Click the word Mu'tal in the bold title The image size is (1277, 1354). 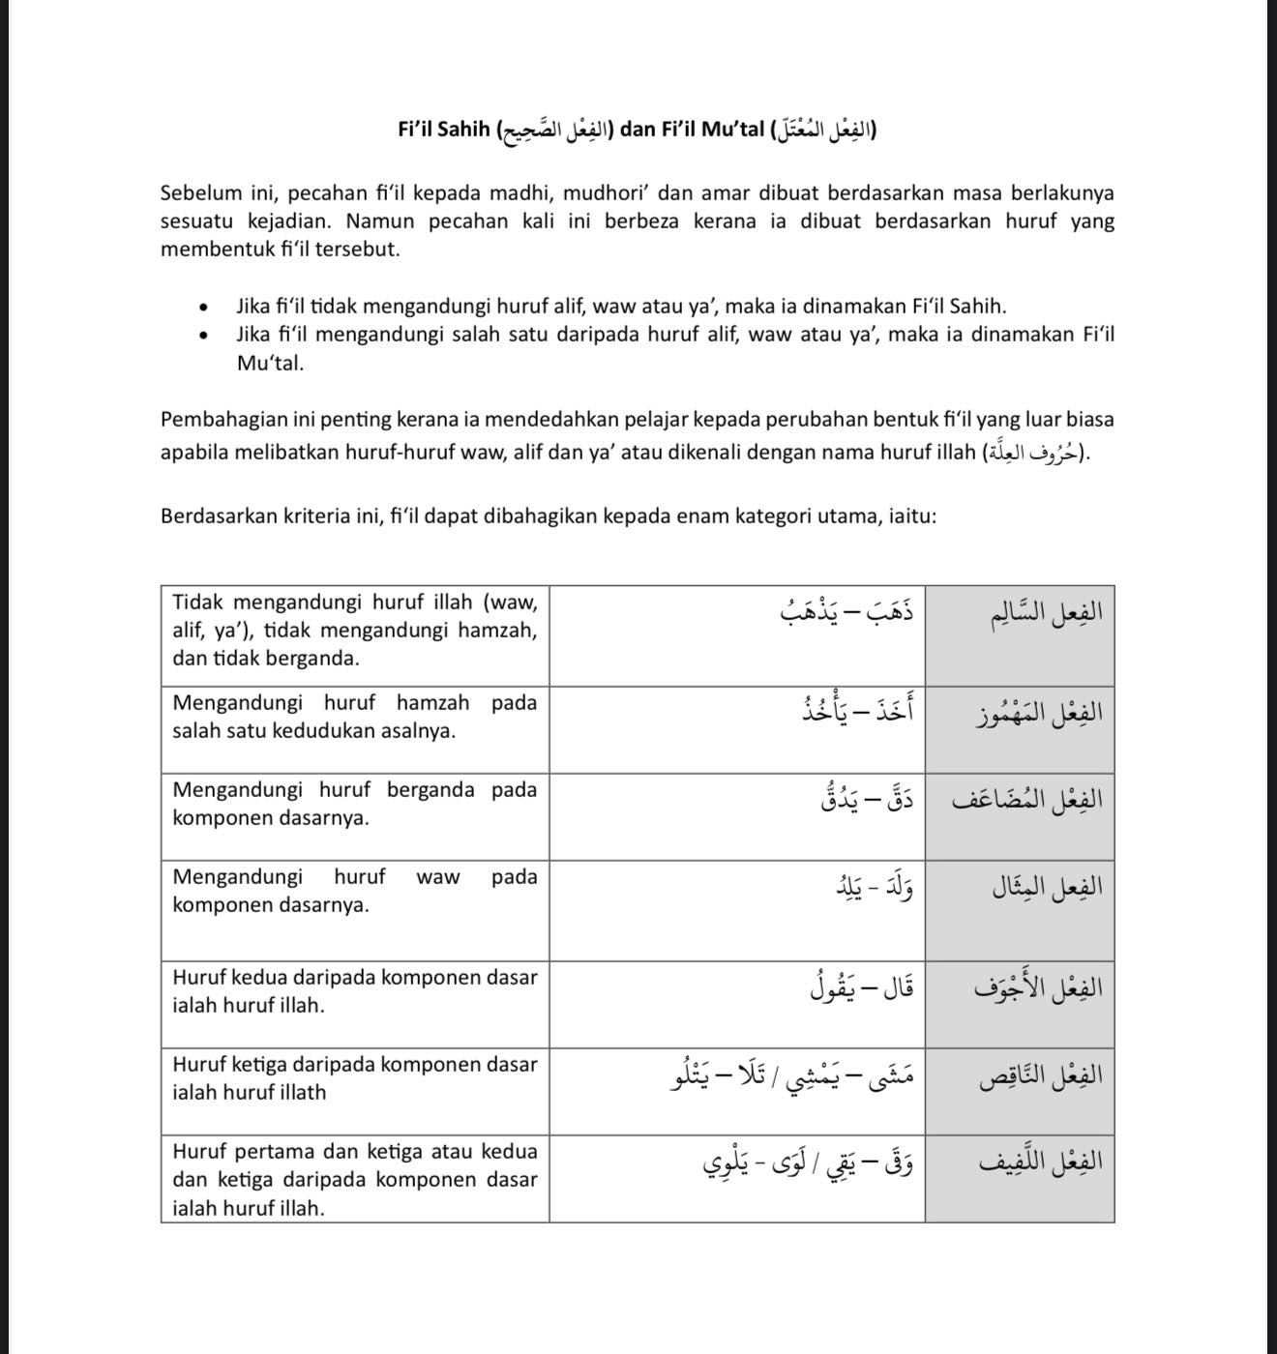[732, 129]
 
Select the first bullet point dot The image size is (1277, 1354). [203, 309]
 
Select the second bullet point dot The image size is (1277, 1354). [203, 337]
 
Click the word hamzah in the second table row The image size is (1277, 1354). [432, 703]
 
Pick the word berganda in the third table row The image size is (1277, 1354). [431, 790]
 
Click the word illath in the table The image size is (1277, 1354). [297, 1093]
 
